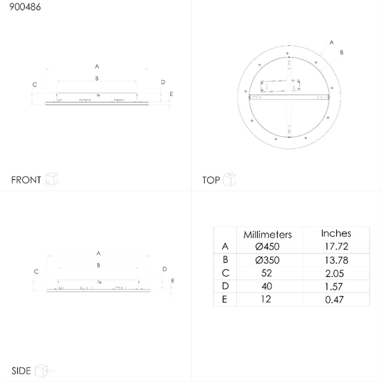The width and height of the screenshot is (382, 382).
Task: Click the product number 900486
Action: pos(25,7)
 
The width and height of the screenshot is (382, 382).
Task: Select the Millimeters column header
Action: pos(267,234)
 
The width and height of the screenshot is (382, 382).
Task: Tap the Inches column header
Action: pos(336,233)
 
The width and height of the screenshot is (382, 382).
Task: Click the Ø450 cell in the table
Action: pos(267,247)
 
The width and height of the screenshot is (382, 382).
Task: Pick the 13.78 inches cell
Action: pos(336,260)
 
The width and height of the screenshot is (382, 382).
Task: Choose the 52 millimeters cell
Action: pos(267,273)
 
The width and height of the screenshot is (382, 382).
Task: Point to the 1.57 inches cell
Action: pos(334,286)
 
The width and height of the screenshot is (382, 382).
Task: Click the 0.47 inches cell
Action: pos(334,299)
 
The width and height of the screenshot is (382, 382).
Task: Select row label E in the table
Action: pos(224,299)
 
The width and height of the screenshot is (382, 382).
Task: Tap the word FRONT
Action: pos(26,180)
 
